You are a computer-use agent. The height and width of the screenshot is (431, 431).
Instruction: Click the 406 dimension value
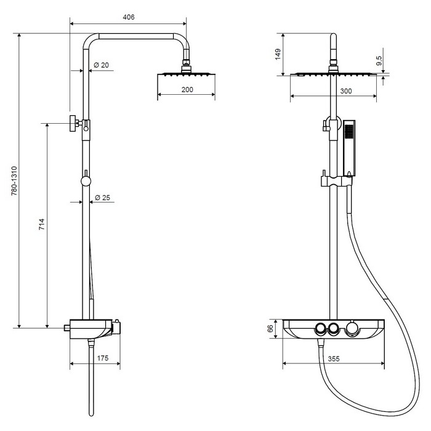pyautogui.click(x=128, y=17)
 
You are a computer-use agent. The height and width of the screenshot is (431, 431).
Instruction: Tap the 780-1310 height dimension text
pyautogui.click(x=14, y=180)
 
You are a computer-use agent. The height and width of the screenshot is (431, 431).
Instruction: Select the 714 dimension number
pyautogui.click(x=41, y=224)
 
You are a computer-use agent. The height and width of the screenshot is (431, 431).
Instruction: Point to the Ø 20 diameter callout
pyautogui.click(x=101, y=65)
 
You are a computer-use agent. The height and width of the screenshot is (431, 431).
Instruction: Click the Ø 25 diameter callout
pyautogui.click(x=102, y=198)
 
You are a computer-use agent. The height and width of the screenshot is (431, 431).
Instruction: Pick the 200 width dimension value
pyautogui.click(x=187, y=90)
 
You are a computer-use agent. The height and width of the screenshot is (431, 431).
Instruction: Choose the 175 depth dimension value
pyautogui.click(x=103, y=358)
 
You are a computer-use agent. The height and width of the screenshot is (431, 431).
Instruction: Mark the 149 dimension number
pyautogui.click(x=278, y=54)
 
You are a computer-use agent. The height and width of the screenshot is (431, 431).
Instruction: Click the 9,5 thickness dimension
pyautogui.click(x=379, y=60)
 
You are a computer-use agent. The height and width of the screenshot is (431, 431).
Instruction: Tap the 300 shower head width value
pyautogui.click(x=346, y=91)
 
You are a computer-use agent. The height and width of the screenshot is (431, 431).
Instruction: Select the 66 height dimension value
pyautogui.click(x=270, y=328)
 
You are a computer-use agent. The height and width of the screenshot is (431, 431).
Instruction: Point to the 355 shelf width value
pyautogui.click(x=334, y=359)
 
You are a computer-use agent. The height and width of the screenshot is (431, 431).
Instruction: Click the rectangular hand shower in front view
pyautogui.click(x=349, y=148)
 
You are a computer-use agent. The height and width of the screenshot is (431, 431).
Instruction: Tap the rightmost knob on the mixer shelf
pyautogui.click(x=352, y=328)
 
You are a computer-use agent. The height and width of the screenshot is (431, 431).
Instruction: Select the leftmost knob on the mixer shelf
pyautogui.click(x=320, y=328)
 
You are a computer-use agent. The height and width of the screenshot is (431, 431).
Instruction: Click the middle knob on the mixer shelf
pyautogui.click(x=333, y=328)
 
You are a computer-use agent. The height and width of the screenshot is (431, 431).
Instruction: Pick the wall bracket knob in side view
pyautogui.click(x=73, y=123)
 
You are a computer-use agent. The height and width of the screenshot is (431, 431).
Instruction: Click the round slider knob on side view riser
pyautogui.click(x=86, y=181)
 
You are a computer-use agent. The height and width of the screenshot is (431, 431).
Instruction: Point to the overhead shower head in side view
pyautogui.click(x=187, y=75)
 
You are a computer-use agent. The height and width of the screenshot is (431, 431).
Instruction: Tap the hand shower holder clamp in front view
pyautogui.click(x=336, y=181)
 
